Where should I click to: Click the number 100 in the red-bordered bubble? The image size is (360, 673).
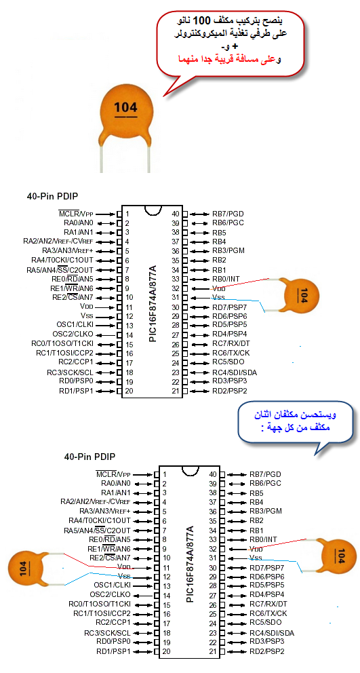point(201,20)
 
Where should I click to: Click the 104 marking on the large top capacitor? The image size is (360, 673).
point(125,107)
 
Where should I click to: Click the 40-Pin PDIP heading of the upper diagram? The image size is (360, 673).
point(53,197)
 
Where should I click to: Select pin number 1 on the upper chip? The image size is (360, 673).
point(127,214)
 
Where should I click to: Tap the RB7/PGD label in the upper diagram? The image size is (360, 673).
point(228,214)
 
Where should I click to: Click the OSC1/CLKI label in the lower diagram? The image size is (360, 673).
point(112,585)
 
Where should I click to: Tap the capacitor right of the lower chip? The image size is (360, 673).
point(332,555)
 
